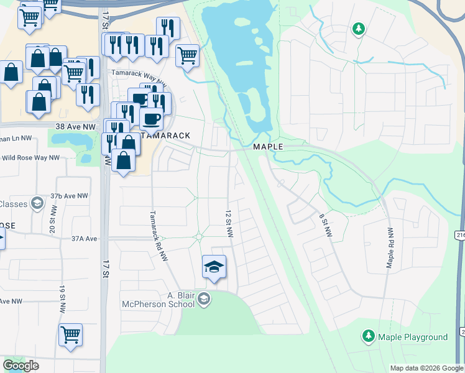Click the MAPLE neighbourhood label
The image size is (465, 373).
point(268,147)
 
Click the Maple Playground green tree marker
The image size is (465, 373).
point(369,337)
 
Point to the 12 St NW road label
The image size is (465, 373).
point(229,222)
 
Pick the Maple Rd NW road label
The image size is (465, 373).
point(390,247)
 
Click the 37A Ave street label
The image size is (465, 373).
point(85,238)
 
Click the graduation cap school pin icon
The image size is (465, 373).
point(214,267)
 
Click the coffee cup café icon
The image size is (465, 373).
point(150,118)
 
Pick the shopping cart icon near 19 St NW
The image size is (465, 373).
point(70,334)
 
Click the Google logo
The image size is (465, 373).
point(21,366)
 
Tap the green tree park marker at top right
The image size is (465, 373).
point(358,29)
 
